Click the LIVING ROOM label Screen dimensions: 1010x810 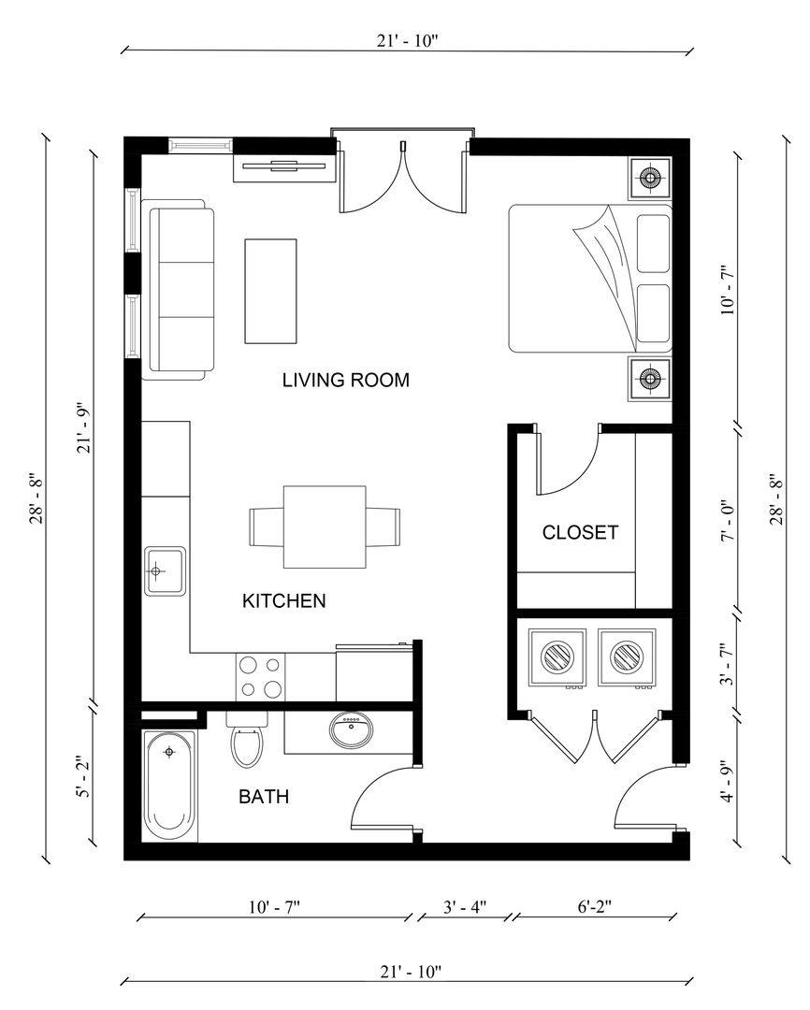346,381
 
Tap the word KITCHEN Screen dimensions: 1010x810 284,601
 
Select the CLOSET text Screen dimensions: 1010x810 580,533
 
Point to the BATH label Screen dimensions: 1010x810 263,798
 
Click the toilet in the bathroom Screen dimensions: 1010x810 248,743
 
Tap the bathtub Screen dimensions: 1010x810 170,785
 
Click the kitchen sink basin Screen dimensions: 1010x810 165,570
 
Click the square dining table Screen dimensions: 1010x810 325,527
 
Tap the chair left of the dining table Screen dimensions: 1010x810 266,527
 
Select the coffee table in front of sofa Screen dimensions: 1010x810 271,291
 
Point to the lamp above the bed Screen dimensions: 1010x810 649,177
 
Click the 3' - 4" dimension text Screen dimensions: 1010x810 463,907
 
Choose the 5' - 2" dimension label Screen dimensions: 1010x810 85,778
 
